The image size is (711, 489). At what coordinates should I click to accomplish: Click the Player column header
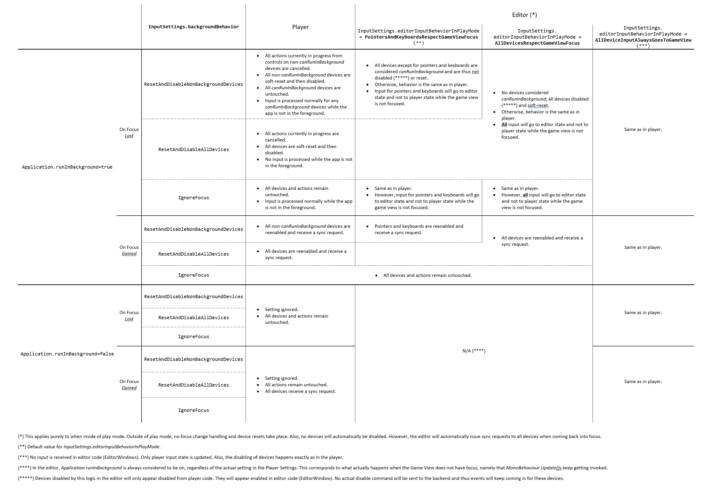[x=300, y=27]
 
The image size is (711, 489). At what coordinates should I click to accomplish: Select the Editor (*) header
[x=524, y=15]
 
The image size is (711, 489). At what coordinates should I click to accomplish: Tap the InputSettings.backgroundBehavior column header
[x=194, y=27]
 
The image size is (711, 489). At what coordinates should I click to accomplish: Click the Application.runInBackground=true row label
[x=67, y=167]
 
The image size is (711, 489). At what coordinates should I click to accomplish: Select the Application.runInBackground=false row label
[x=67, y=354]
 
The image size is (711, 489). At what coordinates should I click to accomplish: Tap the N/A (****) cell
[x=474, y=351]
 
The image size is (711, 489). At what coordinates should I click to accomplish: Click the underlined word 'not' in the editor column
[x=475, y=72]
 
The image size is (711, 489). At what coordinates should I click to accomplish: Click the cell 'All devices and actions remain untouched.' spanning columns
[x=427, y=275]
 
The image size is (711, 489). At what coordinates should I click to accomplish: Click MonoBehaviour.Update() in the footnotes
[x=533, y=468]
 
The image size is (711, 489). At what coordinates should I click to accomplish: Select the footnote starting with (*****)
[x=291, y=478]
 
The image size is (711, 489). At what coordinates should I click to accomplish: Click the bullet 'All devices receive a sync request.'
[x=300, y=391]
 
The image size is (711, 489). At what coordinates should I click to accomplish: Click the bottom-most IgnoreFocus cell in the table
[x=194, y=410]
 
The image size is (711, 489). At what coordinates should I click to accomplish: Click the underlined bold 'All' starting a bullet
[x=504, y=124]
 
